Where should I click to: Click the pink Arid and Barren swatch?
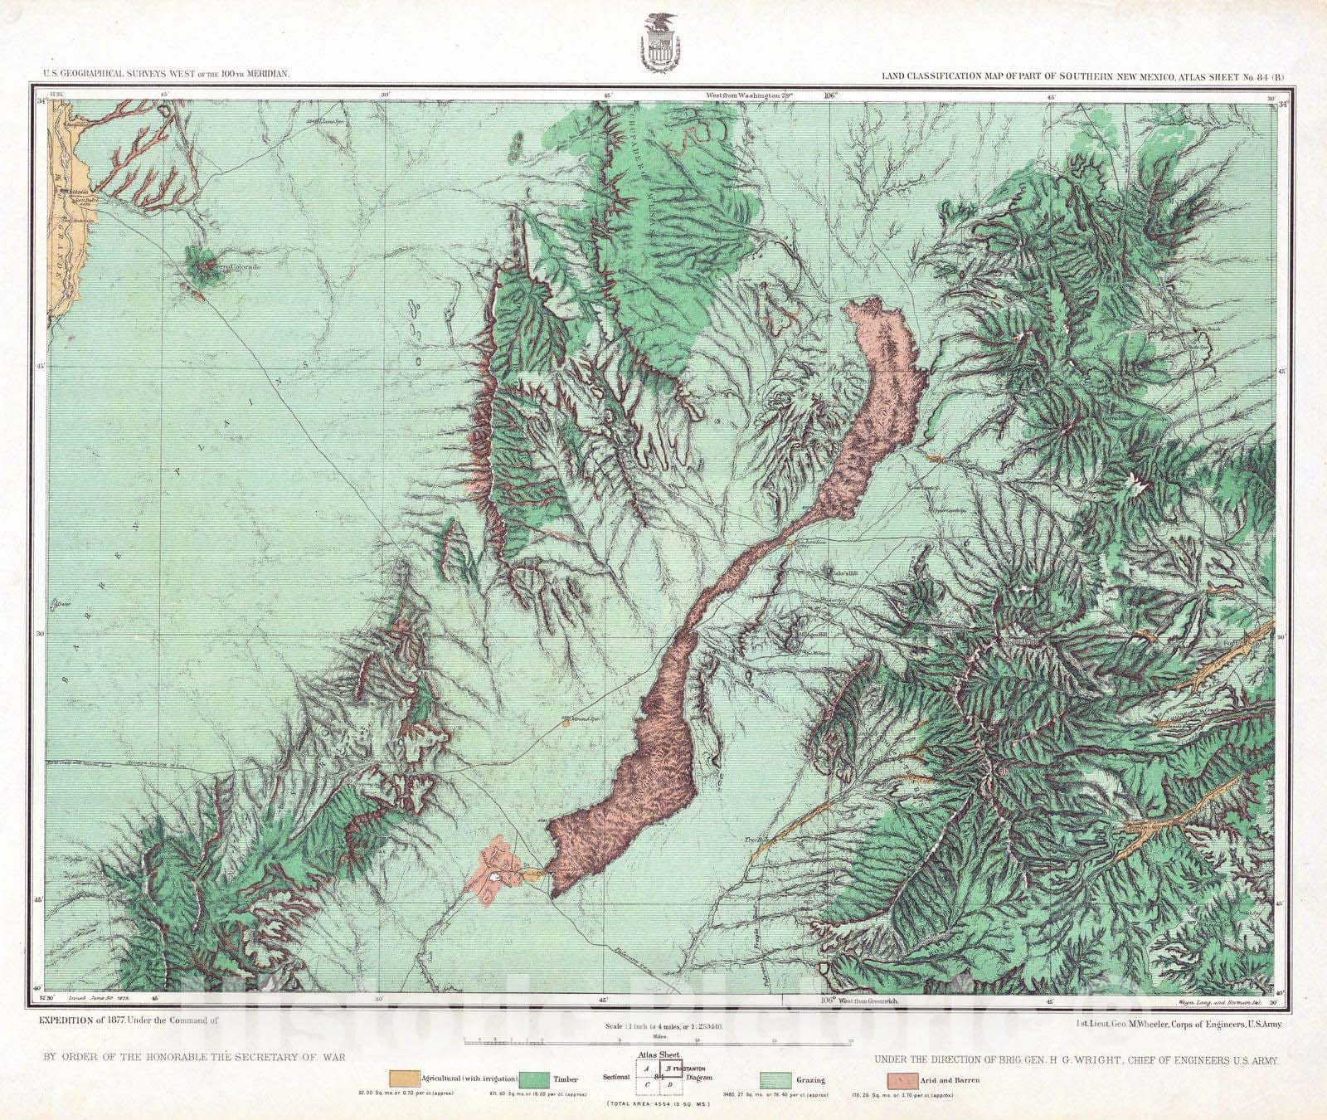[901, 1079]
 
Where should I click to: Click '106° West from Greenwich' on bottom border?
[860, 1002]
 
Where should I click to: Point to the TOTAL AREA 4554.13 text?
[663, 1106]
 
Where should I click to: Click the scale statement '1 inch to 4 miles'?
[663, 1026]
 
